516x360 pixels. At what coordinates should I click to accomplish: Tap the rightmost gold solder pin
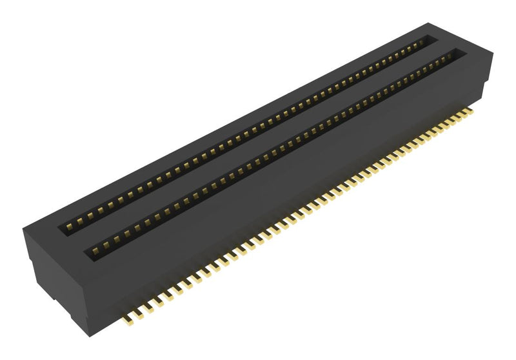coord(469,111)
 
